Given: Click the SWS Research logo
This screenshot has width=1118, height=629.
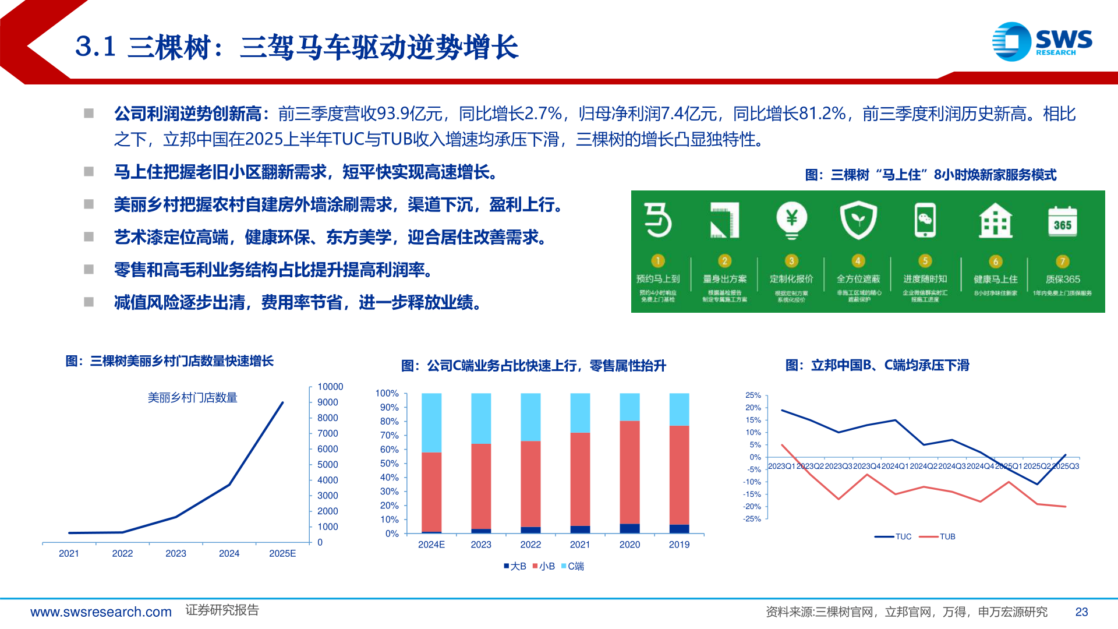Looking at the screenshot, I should click(x=1042, y=41).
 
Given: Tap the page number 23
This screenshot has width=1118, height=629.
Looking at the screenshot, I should click(x=1081, y=612).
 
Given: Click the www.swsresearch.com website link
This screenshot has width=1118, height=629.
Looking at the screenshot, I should click(x=101, y=612).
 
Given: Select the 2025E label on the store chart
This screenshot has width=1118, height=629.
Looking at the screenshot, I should click(x=282, y=553).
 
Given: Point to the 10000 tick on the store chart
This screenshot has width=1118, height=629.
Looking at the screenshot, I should click(x=330, y=387).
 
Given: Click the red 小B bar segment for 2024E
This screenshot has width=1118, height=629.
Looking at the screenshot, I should click(x=431, y=492).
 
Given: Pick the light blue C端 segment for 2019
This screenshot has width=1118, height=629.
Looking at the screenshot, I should click(x=679, y=409).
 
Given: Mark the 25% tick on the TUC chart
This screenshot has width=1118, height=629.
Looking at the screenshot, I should click(x=753, y=395).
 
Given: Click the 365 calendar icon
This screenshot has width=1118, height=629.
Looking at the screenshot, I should click(x=1062, y=222).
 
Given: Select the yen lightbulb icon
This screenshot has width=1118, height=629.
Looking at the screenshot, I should click(x=791, y=220).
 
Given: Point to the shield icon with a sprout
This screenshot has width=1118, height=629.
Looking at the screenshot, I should click(x=858, y=220).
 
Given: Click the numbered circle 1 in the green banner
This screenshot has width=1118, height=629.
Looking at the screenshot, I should click(x=657, y=260).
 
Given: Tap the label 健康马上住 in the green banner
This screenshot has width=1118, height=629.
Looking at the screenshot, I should click(x=996, y=280).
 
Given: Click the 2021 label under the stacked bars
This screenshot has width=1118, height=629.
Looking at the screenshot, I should click(x=580, y=545).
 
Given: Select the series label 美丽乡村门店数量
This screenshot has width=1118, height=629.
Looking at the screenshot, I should click(x=192, y=398).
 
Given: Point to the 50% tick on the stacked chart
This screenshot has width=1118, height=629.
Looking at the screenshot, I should click(x=389, y=464).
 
